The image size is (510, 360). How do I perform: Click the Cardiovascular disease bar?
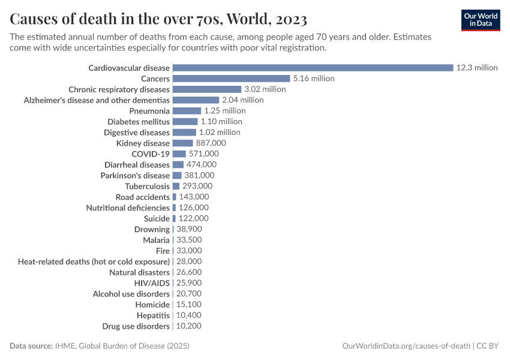(313, 68)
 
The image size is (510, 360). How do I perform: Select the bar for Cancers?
(231, 79)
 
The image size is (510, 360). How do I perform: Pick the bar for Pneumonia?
(187, 111)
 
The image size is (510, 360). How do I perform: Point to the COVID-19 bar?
(179, 154)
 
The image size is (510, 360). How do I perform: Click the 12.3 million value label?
(476, 68)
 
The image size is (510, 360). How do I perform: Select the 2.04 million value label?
(242, 100)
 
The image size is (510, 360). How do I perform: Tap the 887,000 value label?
(211, 143)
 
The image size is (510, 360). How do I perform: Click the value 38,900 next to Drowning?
(189, 229)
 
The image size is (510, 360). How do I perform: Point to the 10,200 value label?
(189, 326)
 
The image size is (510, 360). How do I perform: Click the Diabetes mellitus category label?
(139, 122)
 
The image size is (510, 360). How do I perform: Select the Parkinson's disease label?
(135, 175)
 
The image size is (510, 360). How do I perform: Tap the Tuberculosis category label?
(147, 186)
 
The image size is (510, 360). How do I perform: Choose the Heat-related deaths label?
(94, 262)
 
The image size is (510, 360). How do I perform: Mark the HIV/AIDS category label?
(152, 283)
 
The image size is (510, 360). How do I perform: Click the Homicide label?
(153, 304)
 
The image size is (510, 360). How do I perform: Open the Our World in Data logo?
(480, 19)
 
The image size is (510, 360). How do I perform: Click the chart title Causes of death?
(158, 17)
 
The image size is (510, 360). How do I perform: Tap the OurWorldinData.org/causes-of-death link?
(406, 346)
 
